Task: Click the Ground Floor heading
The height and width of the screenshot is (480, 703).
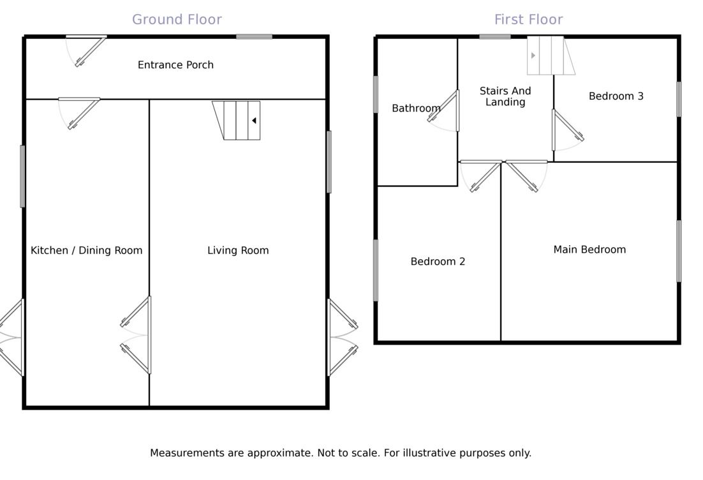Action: [177, 20]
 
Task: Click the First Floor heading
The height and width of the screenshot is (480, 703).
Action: [528, 20]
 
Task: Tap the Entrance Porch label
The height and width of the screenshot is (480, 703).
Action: [175, 65]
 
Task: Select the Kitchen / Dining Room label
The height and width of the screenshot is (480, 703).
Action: [86, 250]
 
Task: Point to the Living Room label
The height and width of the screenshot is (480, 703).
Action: [238, 250]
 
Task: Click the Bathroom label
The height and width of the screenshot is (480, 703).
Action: [416, 109]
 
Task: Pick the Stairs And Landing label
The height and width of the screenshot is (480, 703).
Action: [505, 96]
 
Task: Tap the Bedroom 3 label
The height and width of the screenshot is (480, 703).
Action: [616, 96]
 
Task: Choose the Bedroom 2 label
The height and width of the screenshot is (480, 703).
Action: [438, 262]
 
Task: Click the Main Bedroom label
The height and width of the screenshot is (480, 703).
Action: [589, 250]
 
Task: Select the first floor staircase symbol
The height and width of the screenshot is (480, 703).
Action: [550, 56]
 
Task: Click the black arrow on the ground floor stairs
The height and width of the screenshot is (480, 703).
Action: [254, 120]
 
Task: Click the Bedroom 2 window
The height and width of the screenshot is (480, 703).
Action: [376, 270]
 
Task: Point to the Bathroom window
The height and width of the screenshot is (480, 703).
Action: [376, 94]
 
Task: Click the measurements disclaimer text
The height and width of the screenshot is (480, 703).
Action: [341, 453]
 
